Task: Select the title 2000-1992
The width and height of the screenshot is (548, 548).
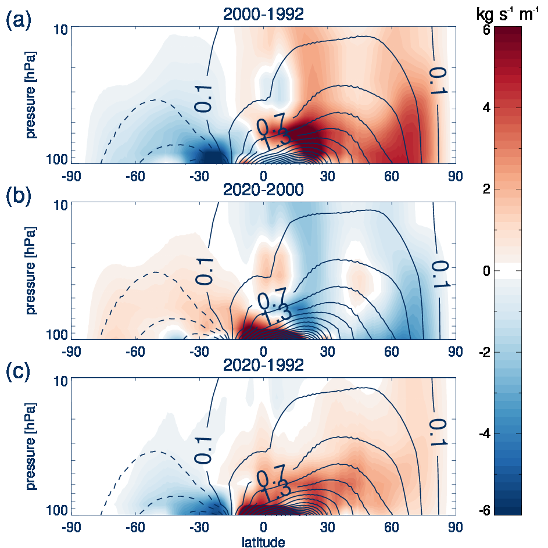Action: click(263, 15)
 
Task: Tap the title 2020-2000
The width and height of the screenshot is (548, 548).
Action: click(263, 190)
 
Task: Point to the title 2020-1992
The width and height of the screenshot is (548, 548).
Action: click(263, 366)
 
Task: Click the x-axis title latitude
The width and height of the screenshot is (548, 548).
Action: click(263, 542)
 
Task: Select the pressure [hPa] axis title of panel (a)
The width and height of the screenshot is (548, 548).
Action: click(31, 95)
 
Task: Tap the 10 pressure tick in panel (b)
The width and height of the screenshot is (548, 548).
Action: click(62, 205)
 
